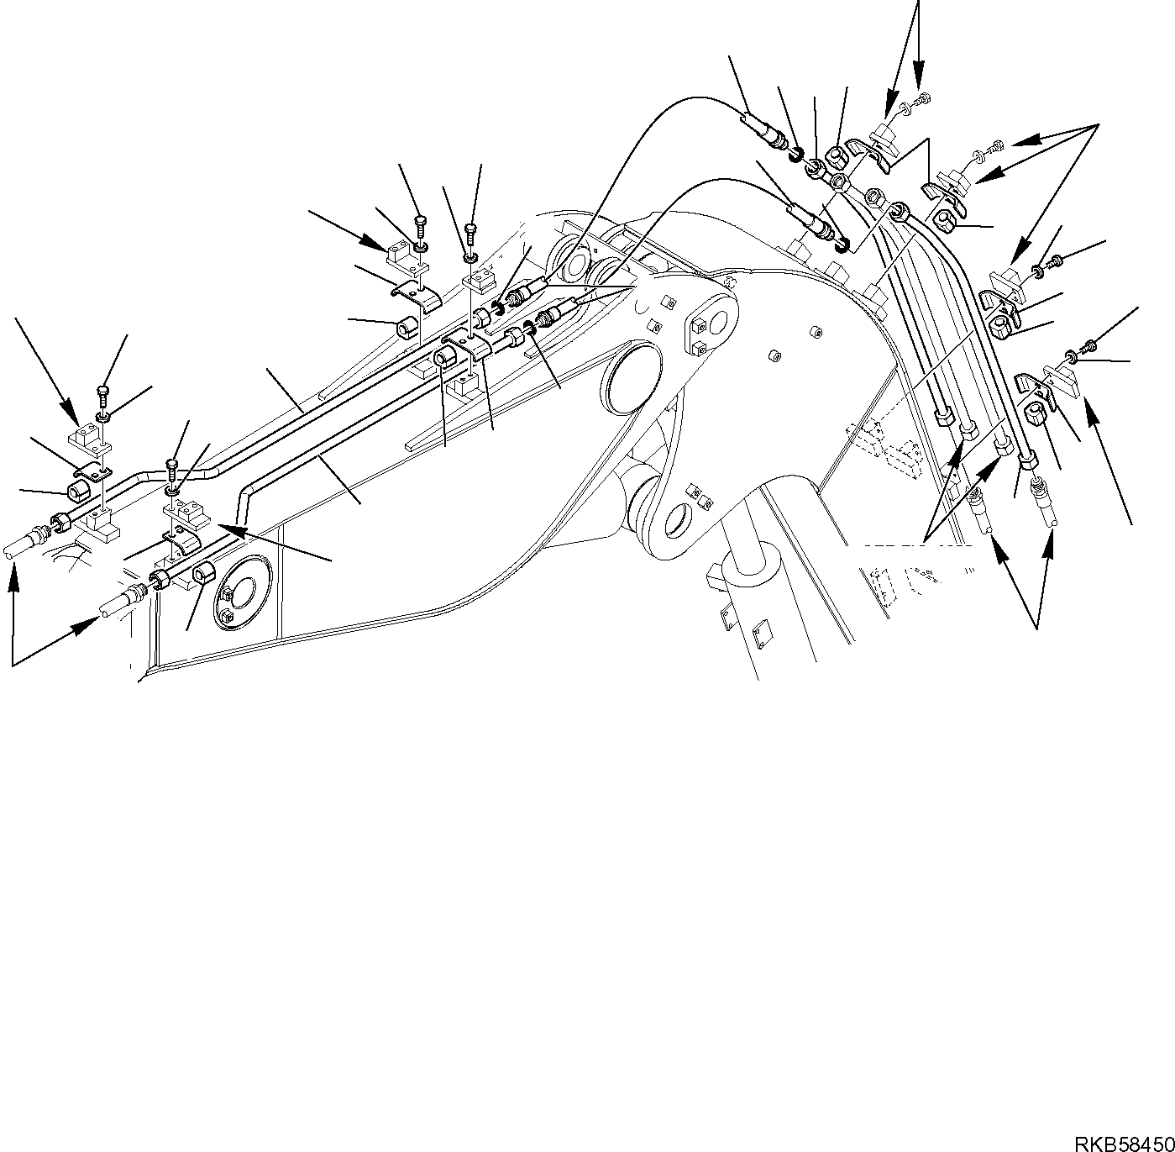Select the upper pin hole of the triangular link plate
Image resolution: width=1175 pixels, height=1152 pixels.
coord(712,322)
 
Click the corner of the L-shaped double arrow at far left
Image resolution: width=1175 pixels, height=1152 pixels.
coord(13,665)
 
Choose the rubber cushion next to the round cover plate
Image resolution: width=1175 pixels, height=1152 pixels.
coord(204,575)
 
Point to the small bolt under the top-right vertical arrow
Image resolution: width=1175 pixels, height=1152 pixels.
coord(921,101)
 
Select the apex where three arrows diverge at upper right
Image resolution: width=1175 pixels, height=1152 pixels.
coord(1099,124)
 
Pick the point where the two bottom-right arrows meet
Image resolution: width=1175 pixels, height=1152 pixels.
coord(1038,627)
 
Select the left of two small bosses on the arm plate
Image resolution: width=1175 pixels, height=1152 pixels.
coord(770,356)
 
